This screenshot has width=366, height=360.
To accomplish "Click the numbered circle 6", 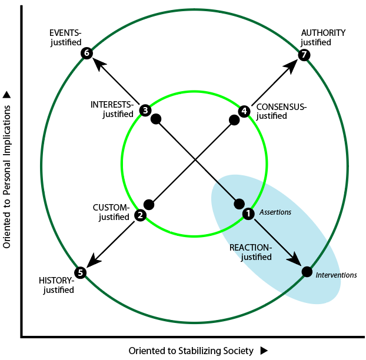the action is click(x=86, y=53).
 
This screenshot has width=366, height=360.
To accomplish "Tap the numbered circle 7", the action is click(x=304, y=55).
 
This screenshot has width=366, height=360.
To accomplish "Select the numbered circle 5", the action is click(x=80, y=272).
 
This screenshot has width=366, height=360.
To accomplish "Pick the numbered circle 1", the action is click(x=248, y=214).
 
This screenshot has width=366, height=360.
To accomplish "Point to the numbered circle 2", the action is click(x=140, y=215).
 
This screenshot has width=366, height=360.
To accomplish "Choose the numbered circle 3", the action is click(x=145, y=111).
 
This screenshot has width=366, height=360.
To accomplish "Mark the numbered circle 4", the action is click(x=244, y=111).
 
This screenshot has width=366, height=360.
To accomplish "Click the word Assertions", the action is click(x=275, y=212).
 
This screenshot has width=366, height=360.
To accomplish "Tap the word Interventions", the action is click(x=336, y=275).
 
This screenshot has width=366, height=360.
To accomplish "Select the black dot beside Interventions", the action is click(x=307, y=272).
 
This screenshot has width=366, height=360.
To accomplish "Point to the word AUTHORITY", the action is click(x=323, y=33).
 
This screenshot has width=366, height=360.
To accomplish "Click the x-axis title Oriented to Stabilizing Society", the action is click(x=191, y=351).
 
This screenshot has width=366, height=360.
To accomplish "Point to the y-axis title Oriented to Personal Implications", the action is click(x=6, y=176).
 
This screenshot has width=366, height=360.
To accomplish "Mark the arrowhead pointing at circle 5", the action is click(x=93, y=261).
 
